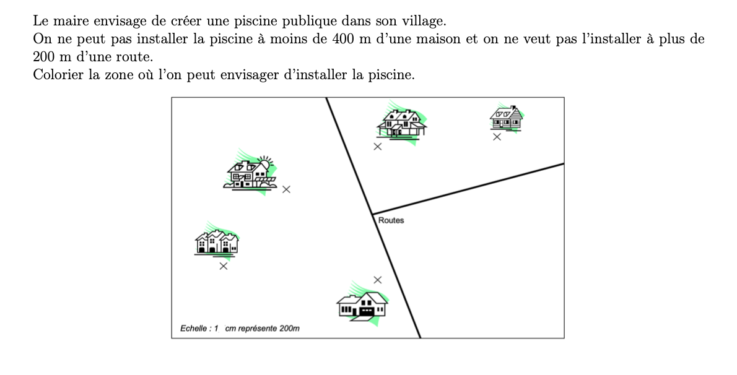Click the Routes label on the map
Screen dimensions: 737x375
coord(391,220)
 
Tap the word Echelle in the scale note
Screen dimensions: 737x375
coord(194,329)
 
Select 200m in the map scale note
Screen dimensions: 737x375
coord(290,329)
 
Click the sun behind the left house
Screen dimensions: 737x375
coord(265,163)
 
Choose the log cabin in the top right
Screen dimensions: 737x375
coord(506,118)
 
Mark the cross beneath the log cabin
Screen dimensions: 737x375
coord(497,137)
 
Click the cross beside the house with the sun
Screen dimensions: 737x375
coord(286,189)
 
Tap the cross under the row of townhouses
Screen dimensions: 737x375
coord(224,267)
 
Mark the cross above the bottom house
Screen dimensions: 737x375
coord(377,280)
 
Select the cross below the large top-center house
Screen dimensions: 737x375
coord(377,147)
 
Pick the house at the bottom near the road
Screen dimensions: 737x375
coord(363,304)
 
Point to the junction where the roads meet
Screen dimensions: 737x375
coord(372,214)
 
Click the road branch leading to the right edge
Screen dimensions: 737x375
coord(468,189)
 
